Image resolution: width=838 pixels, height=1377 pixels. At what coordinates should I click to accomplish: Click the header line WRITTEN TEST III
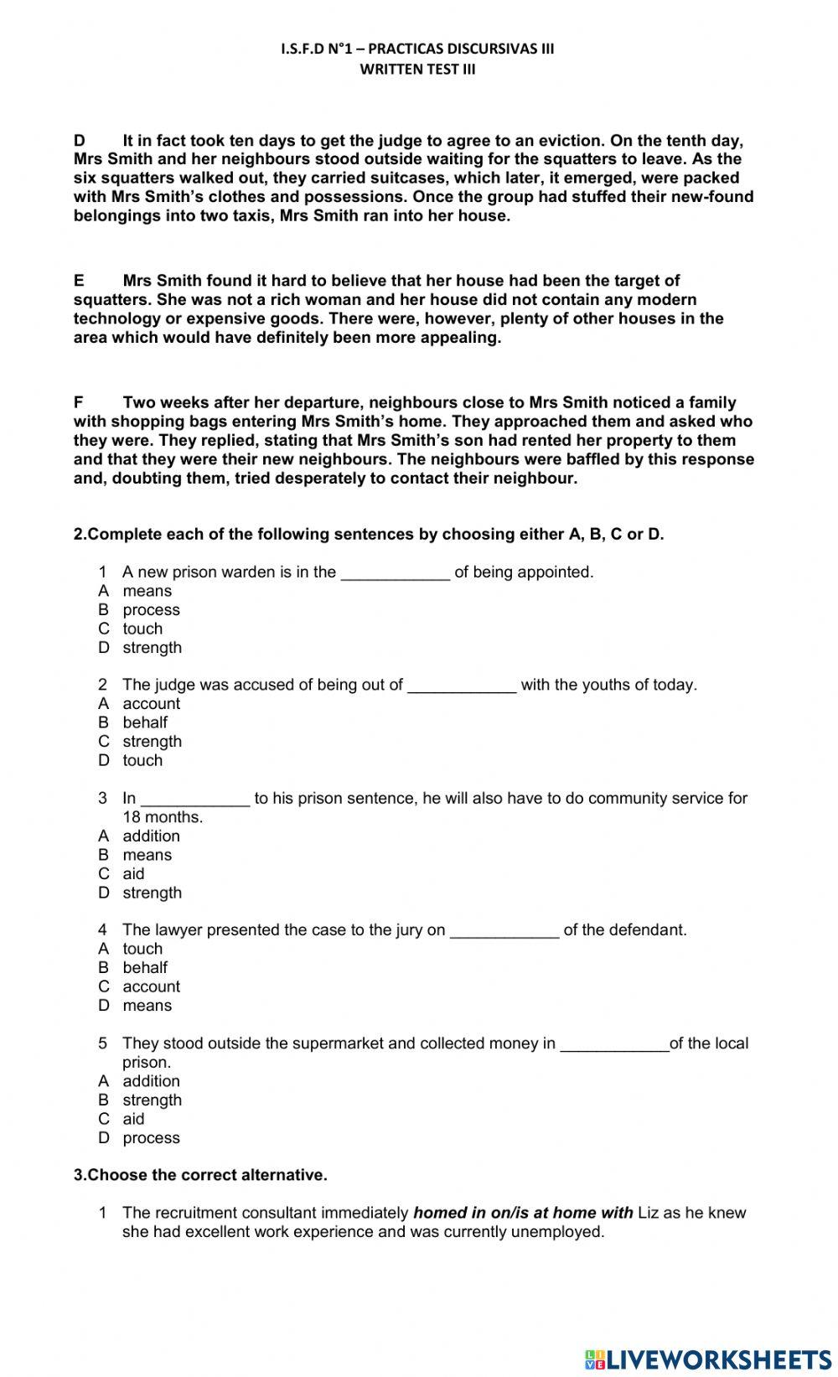417,70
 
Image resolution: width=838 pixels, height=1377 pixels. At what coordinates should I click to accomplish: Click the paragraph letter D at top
80,141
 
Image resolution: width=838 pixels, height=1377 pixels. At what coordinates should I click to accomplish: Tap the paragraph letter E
79,281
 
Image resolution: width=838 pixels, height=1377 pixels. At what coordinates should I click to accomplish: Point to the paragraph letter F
79,402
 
